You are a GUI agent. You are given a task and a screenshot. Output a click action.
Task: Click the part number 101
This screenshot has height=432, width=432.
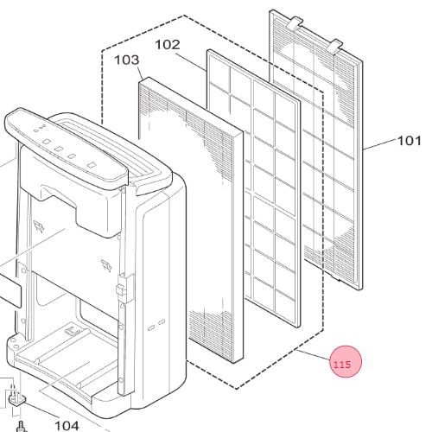click(410, 141)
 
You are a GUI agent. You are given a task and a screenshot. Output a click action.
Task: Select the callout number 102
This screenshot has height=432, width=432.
click(168, 45)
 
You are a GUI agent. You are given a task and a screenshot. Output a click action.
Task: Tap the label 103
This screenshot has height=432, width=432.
click(127, 60)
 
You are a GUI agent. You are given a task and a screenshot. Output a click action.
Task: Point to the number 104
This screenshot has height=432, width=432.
click(67, 426)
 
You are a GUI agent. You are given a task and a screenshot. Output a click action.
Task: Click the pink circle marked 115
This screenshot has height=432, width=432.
click(346, 361)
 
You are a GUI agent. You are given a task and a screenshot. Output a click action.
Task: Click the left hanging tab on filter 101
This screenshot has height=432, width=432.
click(295, 22)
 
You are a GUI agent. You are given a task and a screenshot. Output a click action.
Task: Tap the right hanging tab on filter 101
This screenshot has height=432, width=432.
click(335, 47)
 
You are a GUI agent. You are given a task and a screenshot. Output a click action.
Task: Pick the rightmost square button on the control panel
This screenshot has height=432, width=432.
click(92, 165)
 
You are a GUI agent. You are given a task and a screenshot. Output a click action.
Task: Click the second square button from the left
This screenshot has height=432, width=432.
click(59, 149)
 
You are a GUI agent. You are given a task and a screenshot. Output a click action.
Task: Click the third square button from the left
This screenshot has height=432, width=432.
click(72, 156)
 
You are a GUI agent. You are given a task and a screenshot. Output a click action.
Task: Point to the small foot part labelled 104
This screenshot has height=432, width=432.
click(17, 399)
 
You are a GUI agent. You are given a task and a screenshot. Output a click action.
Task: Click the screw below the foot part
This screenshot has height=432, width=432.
click(21, 427)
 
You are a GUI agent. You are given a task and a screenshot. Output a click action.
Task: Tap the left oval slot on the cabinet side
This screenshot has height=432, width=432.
click(151, 328)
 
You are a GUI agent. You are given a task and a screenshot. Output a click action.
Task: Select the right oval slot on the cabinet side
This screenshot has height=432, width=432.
click(162, 321)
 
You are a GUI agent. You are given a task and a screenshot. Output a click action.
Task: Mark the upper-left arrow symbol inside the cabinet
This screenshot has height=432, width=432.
click(39, 226)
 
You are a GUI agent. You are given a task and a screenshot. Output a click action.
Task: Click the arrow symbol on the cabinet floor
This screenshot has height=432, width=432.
click(72, 331)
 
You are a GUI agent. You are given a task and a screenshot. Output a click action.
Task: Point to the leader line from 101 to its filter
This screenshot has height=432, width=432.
click(380, 143)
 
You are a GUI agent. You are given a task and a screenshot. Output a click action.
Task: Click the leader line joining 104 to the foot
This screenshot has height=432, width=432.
click(41, 410)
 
